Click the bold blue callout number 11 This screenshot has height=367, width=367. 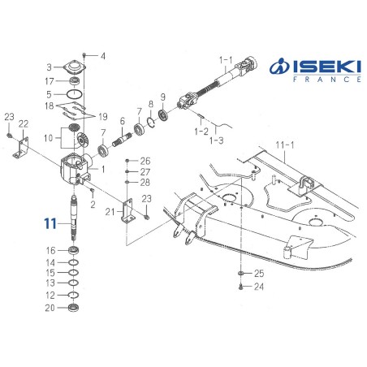pyautogui.click(x=50, y=223)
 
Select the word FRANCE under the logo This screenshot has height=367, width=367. pyautogui.click(x=327, y=80)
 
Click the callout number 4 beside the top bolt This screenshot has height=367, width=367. pyautogui.click(x=103, y=56)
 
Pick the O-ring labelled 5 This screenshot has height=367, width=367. pyautogui.click(x=74, y=94)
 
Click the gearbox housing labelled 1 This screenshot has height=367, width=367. pyautogui.click(x=75, y=170)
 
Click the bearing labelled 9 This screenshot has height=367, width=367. pyautogui.click(x=163, y=114)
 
